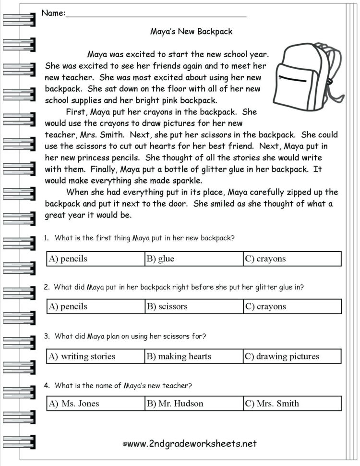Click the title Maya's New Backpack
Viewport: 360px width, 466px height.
pos(191,32)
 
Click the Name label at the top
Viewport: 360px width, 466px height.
pos(53,13)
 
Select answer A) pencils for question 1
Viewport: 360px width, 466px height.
pos(96,258)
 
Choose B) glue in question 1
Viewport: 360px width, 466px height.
pos(193,258)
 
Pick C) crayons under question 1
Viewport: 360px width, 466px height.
pos(292,258)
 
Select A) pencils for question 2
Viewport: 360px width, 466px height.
pos(96,307)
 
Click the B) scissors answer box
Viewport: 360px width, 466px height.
pos(193,307)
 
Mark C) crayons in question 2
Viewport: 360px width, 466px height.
pos(292,307)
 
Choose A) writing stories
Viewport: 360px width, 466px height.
pos(96,356)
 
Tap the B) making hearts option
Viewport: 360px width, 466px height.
pos(193,356)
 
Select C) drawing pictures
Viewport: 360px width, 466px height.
pos(292,356)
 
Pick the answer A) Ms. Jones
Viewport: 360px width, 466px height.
pos(96,404)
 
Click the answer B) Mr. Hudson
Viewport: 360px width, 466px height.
pos(193,404)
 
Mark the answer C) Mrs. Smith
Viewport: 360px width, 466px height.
pos(292,404)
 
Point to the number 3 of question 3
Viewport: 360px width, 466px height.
pos(46,336)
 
